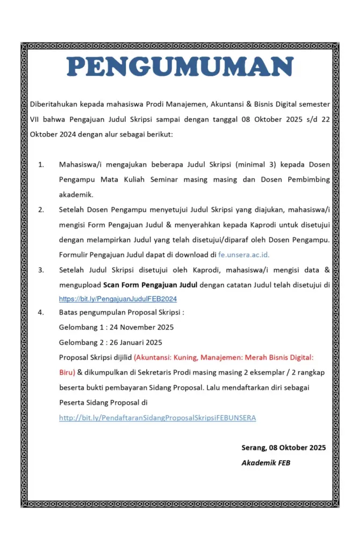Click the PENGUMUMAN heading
(x=180, y=67)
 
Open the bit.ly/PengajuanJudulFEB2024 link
(x=118, y=299)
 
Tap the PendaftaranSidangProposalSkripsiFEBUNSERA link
(x=157, y=417)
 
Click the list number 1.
(x=41, y=164)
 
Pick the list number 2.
(x=41, y=209)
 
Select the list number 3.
(x=41, y=270)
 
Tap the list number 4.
(x=41, y=312)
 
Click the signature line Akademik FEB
(x=265, y=462)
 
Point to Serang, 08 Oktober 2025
(x=284, y=447)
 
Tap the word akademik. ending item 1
(x=76, y=194)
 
